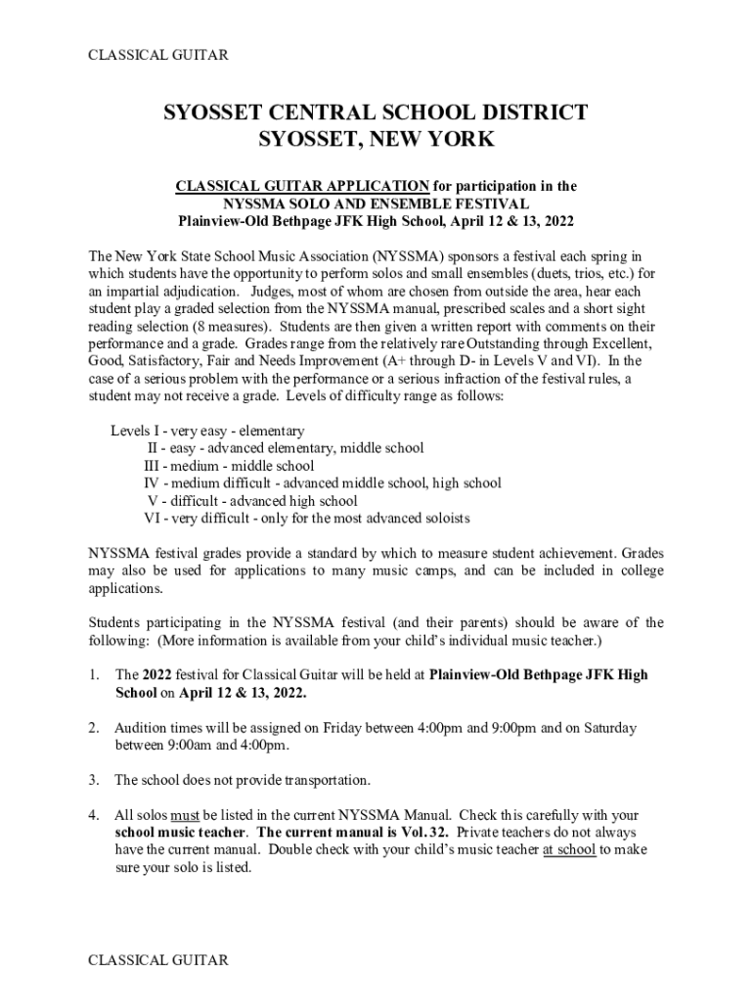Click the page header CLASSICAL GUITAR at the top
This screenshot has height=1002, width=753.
(x=158, y=55)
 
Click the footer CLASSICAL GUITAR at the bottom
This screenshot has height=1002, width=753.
(x=158, y=960)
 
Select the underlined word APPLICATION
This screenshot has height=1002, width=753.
(x=375, y=186)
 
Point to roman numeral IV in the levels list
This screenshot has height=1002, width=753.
(x=152, y=483)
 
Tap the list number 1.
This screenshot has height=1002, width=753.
(x=93, y=675)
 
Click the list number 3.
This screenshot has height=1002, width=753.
(x=93, y=780)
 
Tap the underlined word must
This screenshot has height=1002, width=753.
(x=185, y=814)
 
